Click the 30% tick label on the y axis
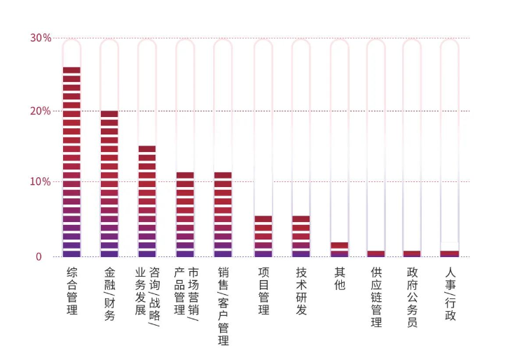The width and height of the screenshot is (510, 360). tap(41, 38)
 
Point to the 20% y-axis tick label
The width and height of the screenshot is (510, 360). tap(41, 111)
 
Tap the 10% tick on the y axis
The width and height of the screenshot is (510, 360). tap(41, 182)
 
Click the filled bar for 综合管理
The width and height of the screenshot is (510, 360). tap(71, 162)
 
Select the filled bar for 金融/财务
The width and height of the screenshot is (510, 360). tap(109, 184)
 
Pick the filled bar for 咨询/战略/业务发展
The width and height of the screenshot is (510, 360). tap(147, 201)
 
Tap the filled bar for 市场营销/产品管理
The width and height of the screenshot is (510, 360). tap(185, 214)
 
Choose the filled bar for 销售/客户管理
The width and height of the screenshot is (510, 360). tap(223, 214)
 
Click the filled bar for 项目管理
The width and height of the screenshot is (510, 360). tap(263, 236)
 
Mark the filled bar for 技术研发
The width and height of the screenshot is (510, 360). tap(301, 236)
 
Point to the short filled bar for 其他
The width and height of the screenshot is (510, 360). tap(339, 249)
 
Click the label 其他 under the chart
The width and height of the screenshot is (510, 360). tap(339, 279)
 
